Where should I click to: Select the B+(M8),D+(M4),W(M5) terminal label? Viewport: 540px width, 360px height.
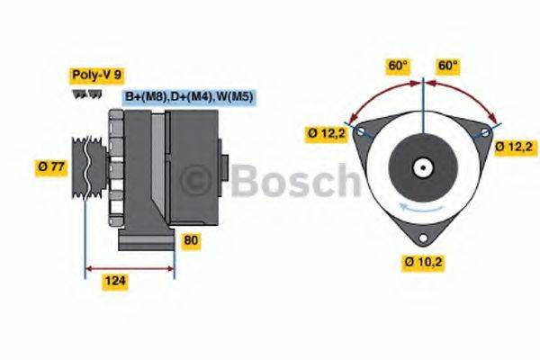pyautogui.click(x=188, y=96)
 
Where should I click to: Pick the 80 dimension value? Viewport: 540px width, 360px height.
pyautogui.click(x=190, y=241)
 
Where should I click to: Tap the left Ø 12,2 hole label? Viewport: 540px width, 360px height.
pyautogui.click(x=326, y=135)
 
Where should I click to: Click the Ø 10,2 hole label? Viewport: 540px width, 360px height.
pyautogui.click(x=422, y=263)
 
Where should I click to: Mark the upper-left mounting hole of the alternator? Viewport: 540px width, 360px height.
pyautogui.click(x=361, y=131)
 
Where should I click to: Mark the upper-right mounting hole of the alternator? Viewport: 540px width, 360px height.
pyautogui.click(x=487, y=131)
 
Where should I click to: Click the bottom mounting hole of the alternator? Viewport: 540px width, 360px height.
pyautogui.click(x=423, y=236)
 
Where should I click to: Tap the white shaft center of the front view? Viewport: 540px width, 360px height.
pyautogui.click(x=422, y=167)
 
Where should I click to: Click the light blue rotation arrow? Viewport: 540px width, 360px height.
pyautogui.click(x=423, y=210)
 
